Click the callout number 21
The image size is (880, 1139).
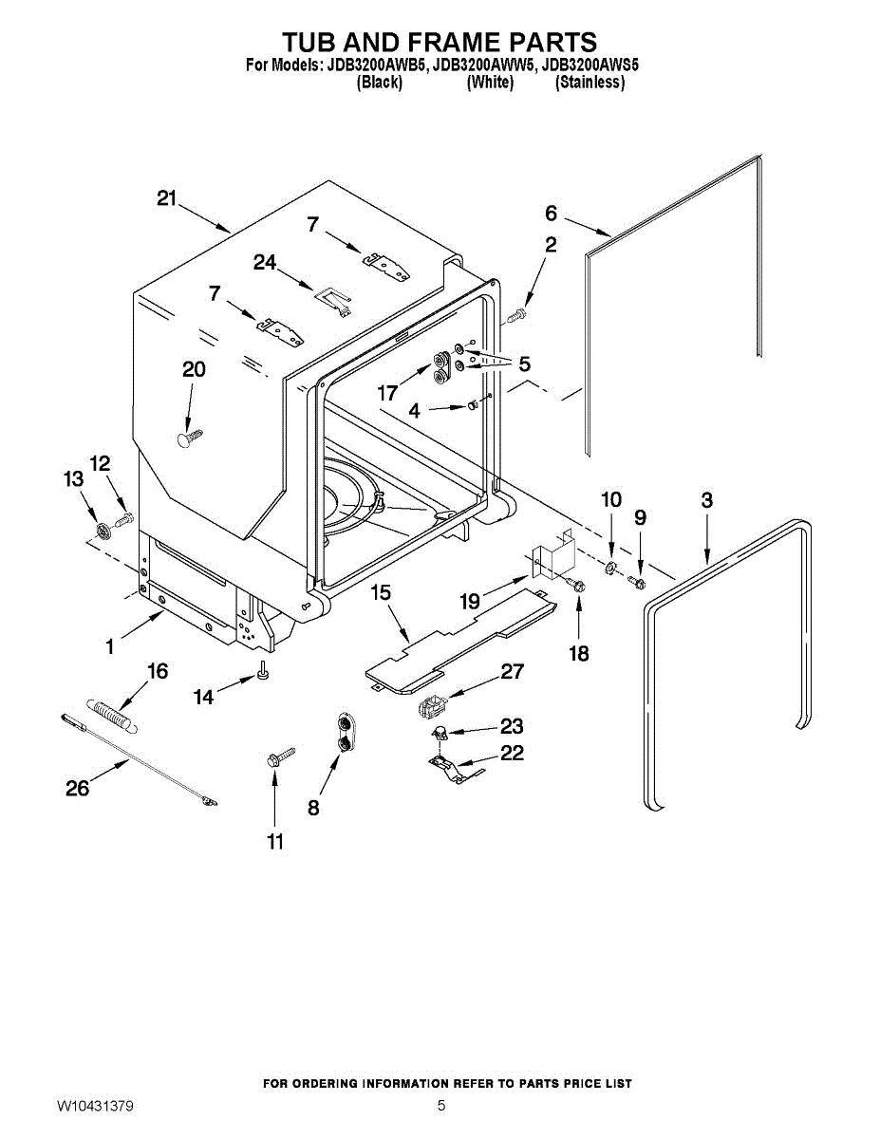coord(167,198)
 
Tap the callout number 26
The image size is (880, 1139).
coord(78,787)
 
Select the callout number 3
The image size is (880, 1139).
coord(707,500)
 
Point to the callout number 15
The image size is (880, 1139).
coord(381,593)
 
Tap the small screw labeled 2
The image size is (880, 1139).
coord(516,314)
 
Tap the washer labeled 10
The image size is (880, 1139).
coord(611,568)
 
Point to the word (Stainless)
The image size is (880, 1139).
coord(590,83)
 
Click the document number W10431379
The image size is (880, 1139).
coord(94,1107)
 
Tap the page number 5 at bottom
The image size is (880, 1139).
coord(441,1107)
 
